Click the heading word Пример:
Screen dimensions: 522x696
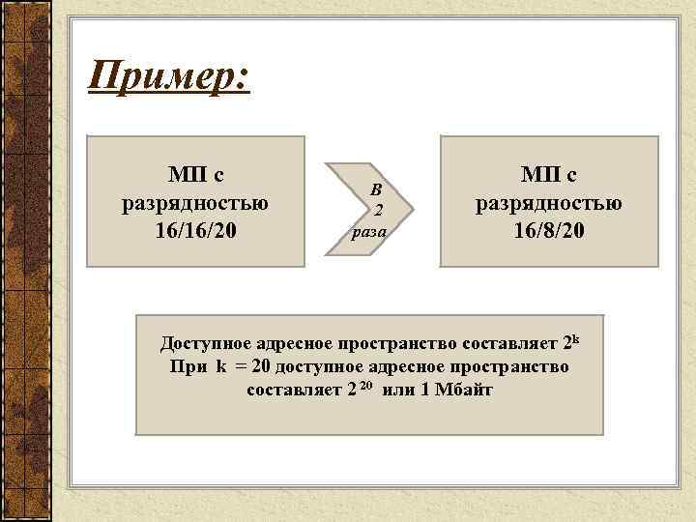168,74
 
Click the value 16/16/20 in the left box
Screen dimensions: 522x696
196,233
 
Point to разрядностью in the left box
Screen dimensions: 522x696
196,204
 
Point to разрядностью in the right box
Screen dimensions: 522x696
549,203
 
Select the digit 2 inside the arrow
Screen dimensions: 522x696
380,211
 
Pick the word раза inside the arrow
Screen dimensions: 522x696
370,232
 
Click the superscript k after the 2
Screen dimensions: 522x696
574,339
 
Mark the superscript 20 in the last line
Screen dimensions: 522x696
365,386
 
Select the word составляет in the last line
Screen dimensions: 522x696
294,390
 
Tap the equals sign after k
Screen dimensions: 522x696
241,368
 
